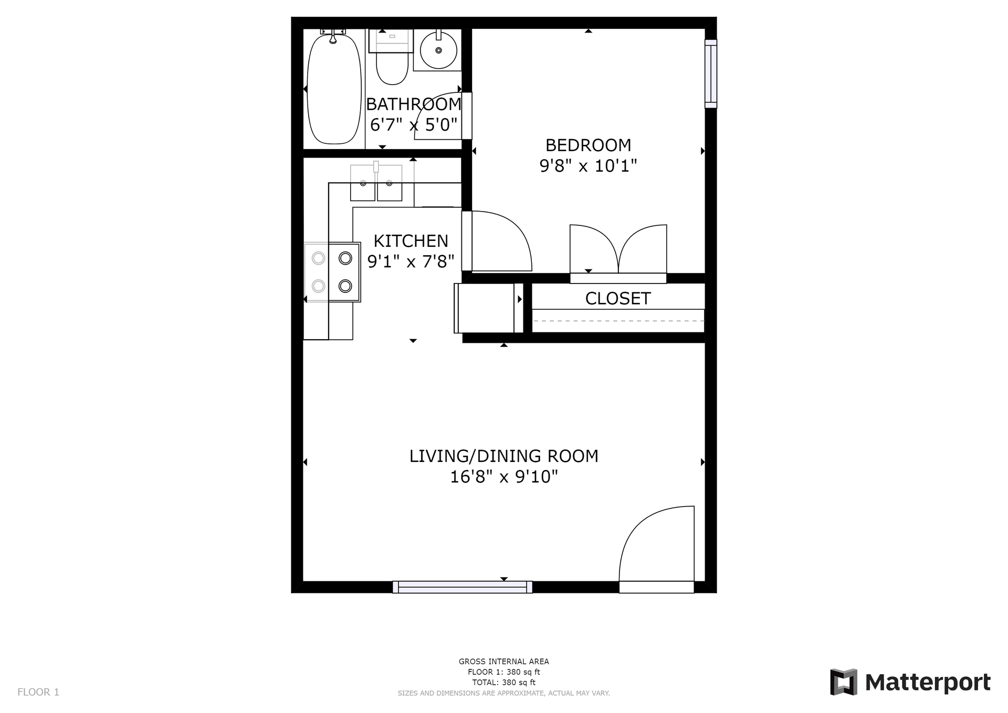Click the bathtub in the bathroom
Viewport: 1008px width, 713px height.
point(334,88)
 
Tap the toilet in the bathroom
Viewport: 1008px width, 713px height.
point(392,57)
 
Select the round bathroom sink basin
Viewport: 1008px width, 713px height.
point(438,50)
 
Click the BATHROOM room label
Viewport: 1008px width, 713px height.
point(414,104)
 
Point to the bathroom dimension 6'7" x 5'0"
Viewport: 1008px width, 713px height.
point(414,125)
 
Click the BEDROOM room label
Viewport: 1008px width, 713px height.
point(588,145)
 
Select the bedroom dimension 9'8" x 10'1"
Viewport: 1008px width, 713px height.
point(588,166)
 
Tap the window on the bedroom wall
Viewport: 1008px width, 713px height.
point(710,74)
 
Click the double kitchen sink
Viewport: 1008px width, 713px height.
point(376,182)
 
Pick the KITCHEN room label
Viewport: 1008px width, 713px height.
point(411,241)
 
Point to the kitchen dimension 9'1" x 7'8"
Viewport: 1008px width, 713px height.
point(411,261)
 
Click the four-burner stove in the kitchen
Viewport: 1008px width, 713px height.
point(332,272)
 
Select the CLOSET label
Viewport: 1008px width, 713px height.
point(618,299)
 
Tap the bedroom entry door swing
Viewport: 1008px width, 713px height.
point(497,242)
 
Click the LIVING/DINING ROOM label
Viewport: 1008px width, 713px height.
point(504,456)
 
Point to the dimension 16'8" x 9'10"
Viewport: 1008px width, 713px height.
point(504,477)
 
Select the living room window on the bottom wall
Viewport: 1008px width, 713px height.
point(463,587)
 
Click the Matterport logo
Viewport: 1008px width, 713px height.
point(910,682)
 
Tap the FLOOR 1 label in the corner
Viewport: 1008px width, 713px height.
point(38,692)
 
